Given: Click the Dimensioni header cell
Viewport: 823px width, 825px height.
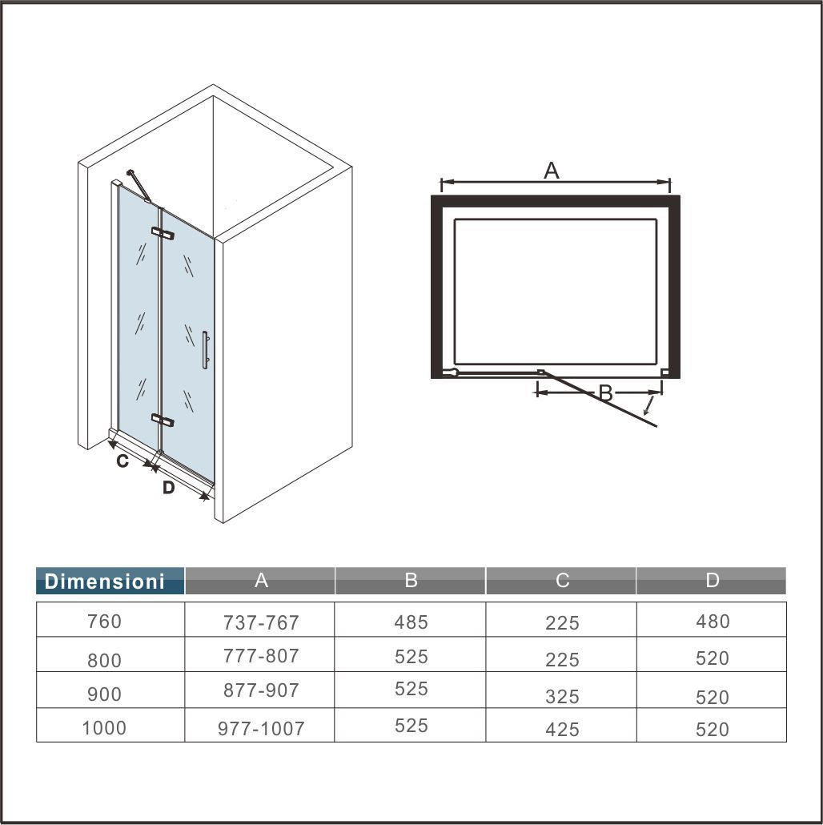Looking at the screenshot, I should [104, 581].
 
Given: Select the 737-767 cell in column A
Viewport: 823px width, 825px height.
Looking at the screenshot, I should [261, 622].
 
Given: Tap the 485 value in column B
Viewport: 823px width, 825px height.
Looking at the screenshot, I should [411, 622].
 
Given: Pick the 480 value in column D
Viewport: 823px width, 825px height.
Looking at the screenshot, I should [712, 622].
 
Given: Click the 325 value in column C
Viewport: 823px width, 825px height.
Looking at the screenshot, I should [562, 697].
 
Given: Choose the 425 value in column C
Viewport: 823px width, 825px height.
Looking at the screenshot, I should [562, 730].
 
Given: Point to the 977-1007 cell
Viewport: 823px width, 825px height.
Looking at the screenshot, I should [261, 729].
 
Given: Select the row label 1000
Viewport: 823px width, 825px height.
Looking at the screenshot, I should [104, 728].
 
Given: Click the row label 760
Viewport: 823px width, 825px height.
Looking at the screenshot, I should [104, 622].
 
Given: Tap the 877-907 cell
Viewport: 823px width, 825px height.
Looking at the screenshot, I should [261, 690].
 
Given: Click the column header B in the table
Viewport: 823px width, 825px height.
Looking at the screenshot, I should [411, 580].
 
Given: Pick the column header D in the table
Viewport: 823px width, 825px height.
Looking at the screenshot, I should [712, 580].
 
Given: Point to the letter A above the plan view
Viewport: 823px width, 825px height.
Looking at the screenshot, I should [551, 171].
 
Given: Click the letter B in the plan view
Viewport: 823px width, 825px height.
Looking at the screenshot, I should [605, 393].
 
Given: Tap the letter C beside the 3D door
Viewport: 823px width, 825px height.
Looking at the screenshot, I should [122, 461].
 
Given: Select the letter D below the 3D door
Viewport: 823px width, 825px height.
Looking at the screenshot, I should [168, 487].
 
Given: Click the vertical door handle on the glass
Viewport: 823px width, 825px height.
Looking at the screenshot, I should [205, 350].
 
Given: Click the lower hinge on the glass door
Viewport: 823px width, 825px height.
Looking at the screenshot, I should [163, 420].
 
